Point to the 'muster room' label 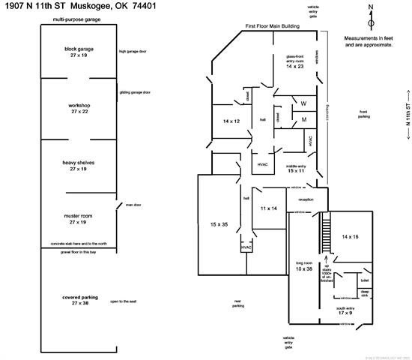(x=79, y=218)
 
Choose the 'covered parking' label (x=79, y=301)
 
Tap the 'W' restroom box (x=304, y=103)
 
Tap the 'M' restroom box (x=304, y=119)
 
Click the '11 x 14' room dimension (x=269, y=207)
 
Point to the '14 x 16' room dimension (x=351, y=236)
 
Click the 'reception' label (x=306, y=199)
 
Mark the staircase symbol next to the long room (x=326, y=235)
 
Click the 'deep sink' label (x=365, y=293)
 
